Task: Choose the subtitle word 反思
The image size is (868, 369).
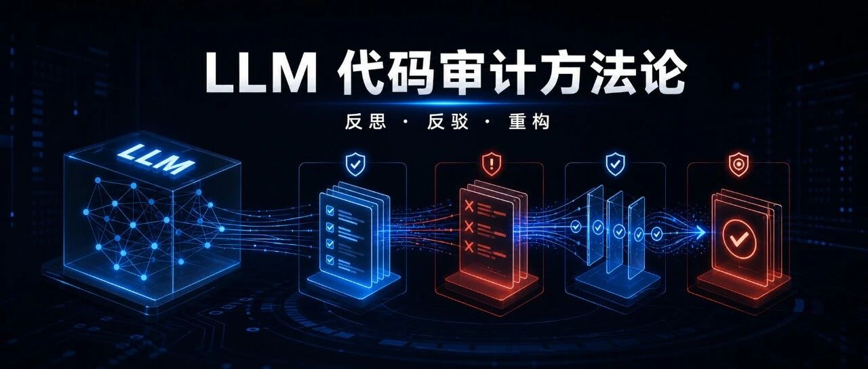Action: coord(366,121)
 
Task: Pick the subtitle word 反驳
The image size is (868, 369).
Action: coord(448,121)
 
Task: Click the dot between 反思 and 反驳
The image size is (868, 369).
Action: coord(406,121)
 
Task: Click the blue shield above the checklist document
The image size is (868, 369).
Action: coord(355,164)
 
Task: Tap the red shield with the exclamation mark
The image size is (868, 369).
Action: coord(492,164)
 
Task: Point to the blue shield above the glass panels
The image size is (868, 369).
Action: coord(615,164)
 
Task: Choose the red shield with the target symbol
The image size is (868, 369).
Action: coord(738,164)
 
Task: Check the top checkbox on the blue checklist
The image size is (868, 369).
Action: coord(330,210)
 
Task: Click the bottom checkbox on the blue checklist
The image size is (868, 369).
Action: coord(330,260)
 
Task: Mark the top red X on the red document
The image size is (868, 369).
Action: coord(469,206)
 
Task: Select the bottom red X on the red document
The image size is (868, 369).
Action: coord(469,246)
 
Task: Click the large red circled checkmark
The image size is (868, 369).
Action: coord(739,239)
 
